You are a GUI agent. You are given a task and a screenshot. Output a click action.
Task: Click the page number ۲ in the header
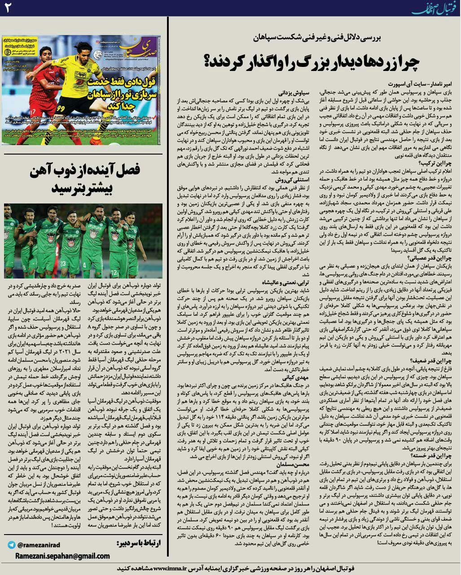coord(10,9)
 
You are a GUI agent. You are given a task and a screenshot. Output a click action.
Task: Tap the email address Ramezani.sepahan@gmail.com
coord(62,556)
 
